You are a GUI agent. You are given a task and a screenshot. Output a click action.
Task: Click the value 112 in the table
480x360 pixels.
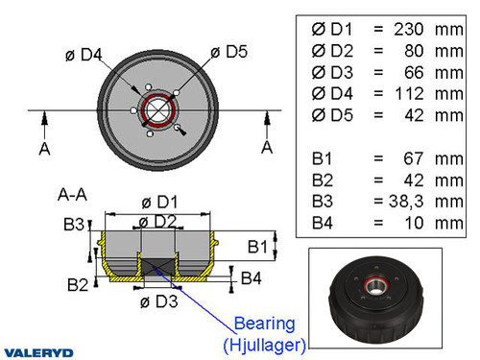403,94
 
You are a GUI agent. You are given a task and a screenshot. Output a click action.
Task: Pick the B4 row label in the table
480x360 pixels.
327,223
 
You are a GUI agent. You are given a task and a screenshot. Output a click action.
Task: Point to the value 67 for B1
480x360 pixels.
409,158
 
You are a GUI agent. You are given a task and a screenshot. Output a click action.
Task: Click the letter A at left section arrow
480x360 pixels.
43,148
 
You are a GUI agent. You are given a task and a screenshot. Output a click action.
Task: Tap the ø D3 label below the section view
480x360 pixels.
155,303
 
